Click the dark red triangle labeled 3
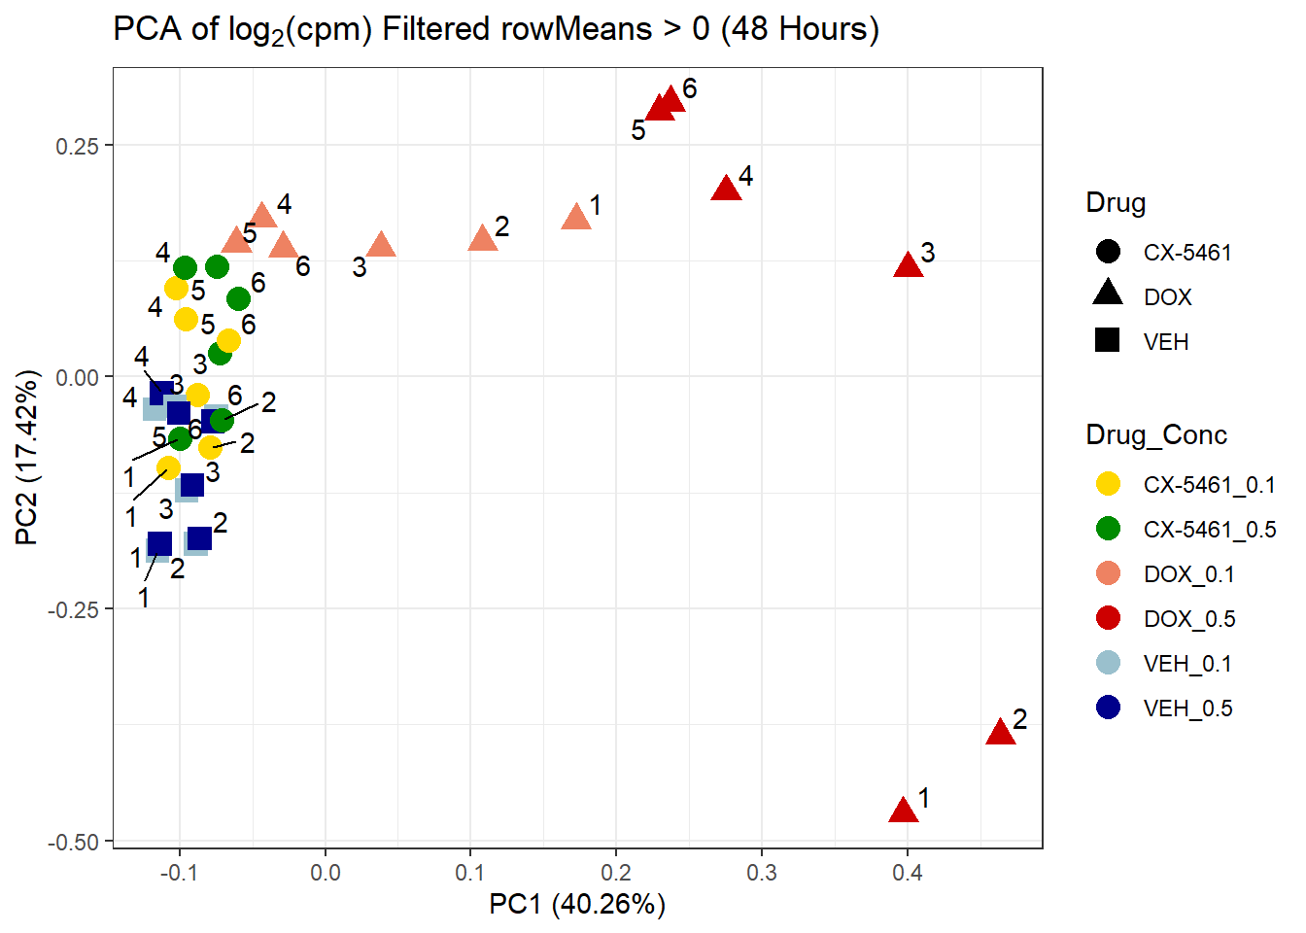(x=908, y=264)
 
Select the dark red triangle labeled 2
(x=1000, y=733)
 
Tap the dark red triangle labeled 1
(x=904, y=810)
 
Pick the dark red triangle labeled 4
(x=726, y=189)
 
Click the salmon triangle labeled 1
(x=576, y=217)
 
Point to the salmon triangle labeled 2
(x=483, y=238)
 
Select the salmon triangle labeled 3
(x=381, y=245)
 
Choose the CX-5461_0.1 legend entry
(x=1208, y=485)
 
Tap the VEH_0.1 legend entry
(x=1186, y=664)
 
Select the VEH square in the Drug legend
(x=1108, y=341)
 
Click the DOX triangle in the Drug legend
(x=1108, y=294)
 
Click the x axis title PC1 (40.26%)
(x=577, y=905)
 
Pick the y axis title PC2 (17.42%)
(x=27, y=457)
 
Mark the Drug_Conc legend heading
(x=1156, y=434)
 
